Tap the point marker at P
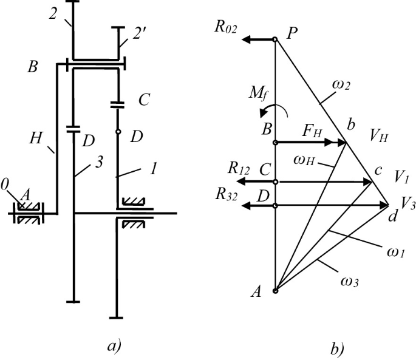(x=275, y=40)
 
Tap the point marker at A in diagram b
(x=275, y=291)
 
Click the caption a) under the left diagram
(x=114, y=346)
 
